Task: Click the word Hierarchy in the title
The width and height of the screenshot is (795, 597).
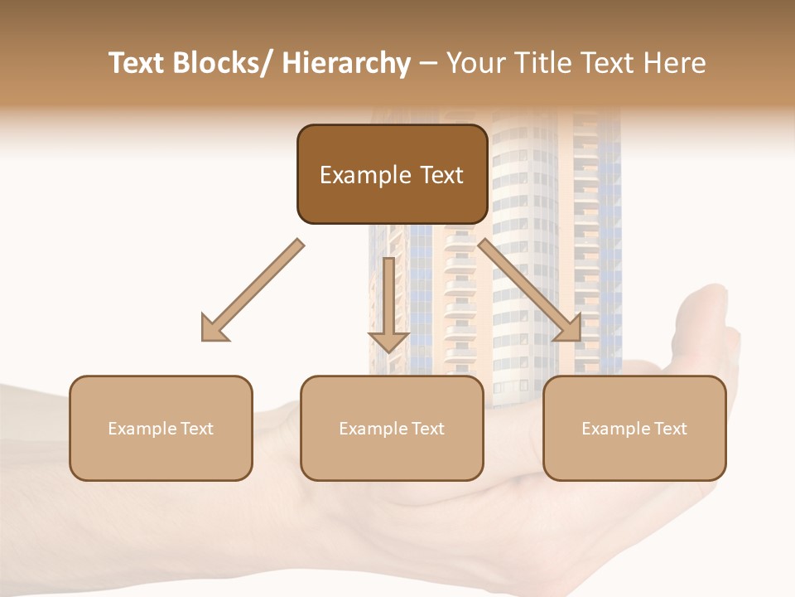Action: click(345, 64)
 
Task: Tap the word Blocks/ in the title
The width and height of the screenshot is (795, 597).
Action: click(221, 64)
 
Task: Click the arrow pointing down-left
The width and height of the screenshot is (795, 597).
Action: click(253, 290)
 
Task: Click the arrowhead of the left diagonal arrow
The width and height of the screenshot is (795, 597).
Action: click(214, 329)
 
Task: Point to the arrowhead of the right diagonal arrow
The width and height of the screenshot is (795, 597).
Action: click(569, 329)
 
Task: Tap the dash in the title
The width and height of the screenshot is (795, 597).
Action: click(428, 64)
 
